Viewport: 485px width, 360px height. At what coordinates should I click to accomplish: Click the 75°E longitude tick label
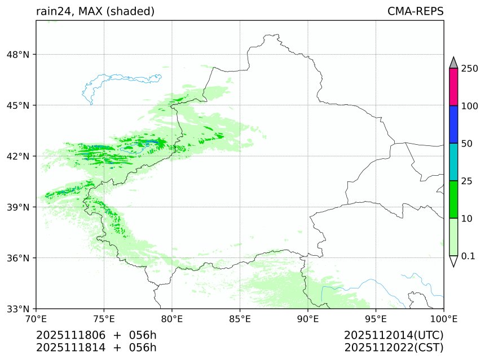click(x=104, y=319)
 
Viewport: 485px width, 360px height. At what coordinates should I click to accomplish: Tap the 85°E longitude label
click(x=240, y=319)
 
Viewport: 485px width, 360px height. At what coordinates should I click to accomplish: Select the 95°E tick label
click(x=376, y=319)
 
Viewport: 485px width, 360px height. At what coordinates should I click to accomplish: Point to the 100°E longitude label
click(x=443, y=319)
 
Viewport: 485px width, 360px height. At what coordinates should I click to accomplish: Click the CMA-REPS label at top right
click(x=415, y=12)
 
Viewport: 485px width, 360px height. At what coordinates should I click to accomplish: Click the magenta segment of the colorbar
click(x=453, y=87)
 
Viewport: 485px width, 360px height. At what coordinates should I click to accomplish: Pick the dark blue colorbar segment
click(x=453, y=125)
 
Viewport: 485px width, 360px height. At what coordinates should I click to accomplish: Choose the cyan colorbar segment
click(x=453, y=162)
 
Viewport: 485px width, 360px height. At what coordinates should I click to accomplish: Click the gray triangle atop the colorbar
click(x=453, y=63)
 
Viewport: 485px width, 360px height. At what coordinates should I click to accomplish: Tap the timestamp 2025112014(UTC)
click(x=394, y=335)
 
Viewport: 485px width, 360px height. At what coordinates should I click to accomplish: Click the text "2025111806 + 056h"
click(x=96, y=335)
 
